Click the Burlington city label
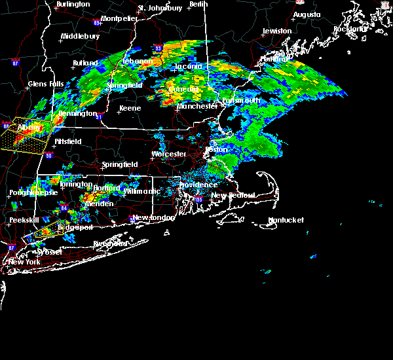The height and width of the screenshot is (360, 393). tap(73, 5)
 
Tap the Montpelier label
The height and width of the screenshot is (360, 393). tap(119, 19)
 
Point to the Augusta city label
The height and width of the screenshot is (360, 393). tap(307, 14)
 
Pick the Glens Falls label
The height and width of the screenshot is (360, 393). tap(46, 84)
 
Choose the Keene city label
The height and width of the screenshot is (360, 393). tap(130, 109)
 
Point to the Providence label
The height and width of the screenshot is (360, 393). tap(198, 185)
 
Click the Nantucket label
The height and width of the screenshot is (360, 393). tap(287, 221)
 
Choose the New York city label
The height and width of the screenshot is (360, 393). tap(24, 262)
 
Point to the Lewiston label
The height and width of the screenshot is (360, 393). tap(277, 31)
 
